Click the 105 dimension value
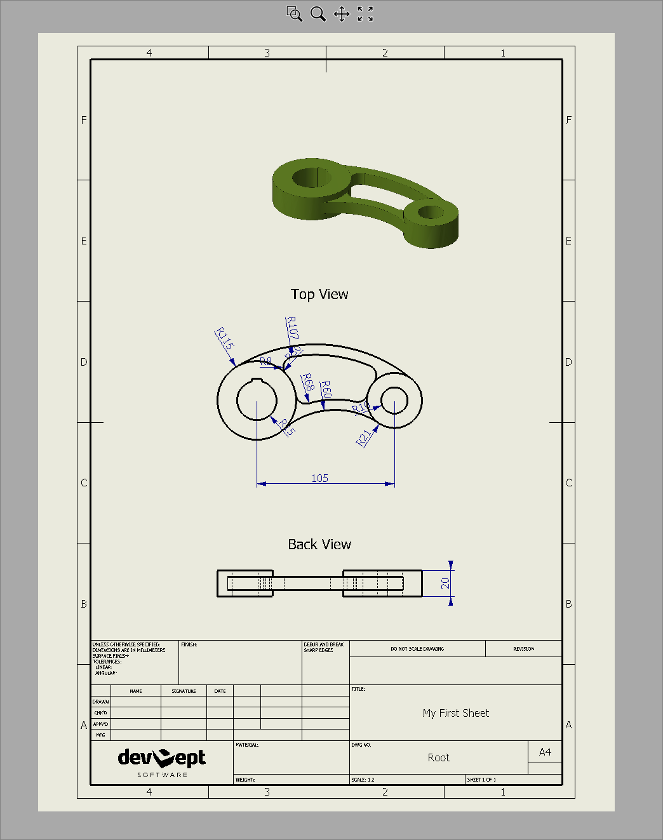pyautogui.click(x=319, y=478)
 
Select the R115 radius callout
pyautogui.click(x=225, y=338)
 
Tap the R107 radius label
pyautogui.click(x=291, y=328)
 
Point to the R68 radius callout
pyautogui.click(x=307, y=382)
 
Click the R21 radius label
pyautogui.click(x=363, y=438)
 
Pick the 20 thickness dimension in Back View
pyautogui.click(x=445, y=583)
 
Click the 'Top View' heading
pyautogui.click(x=319, y=294)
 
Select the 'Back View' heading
pyautogui.click(x=319, y=544)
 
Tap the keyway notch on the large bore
pyautogui.click(x=257, y=380)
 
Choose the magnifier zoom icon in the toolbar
pyautogui.click(x=318, y=14)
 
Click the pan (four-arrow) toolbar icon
pyautogui.click(x=342, y=14)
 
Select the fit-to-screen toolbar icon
pyautogui.click(x=365, y=14)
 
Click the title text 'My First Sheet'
pyautogui.click(x=455, y=713)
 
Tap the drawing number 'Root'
pyautogui.click(x=438, y=757)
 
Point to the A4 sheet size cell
pyautogui.click(x=545, y=752)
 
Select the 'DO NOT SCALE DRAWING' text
pyautogui.click(x=417, y=649)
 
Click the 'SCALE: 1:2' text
pyautogui.click(x=363, y=780)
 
